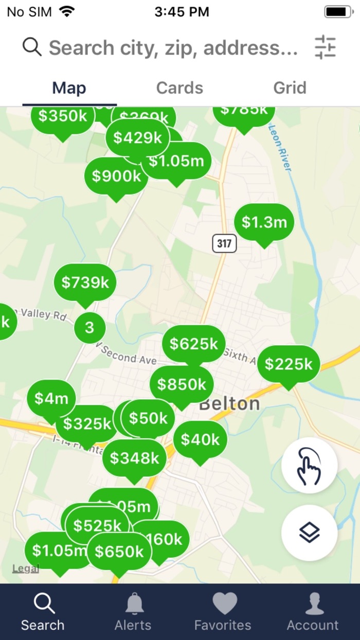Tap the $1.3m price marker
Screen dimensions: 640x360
tap(264, 222)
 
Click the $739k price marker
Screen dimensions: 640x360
tap(85, 282)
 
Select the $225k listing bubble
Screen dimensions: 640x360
tap(289, 364)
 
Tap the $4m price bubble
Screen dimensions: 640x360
tap(51, 398)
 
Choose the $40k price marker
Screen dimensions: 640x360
tap(200, 439)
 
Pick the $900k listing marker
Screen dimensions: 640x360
tap(116, 176)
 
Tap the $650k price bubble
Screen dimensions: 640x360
tap(119, 552)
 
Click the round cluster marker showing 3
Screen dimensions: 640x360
tap(89, 328)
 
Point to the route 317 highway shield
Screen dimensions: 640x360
tap(224, 243)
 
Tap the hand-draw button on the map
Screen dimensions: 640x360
tap(309, 466)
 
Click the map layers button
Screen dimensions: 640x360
tap(309, 532)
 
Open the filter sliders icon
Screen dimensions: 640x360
tap(325, 47)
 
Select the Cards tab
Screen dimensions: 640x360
tap(179, 88)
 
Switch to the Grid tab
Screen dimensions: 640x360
tap(290, 88)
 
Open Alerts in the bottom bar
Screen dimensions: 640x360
tap(133, 612)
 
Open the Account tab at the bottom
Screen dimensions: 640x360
tap(313, 612)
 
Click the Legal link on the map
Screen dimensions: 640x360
tap(26, 568)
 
